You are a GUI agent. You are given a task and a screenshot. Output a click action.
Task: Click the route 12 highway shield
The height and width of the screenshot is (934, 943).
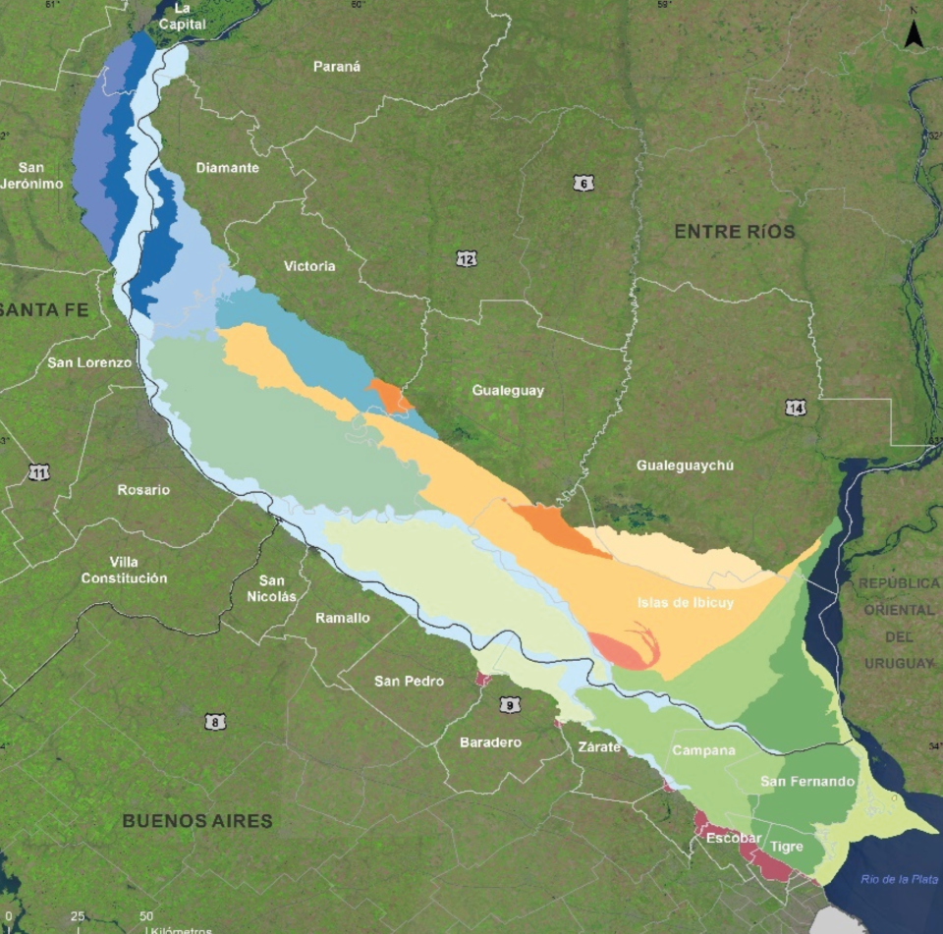pyautogui.click(x=467, y=258)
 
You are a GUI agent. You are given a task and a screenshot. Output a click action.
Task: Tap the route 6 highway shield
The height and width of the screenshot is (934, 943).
pyautogui.click(x=583, y=183)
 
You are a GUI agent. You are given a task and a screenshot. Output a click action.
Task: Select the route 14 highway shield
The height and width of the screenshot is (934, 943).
pyautogui.click(x=796, y=408)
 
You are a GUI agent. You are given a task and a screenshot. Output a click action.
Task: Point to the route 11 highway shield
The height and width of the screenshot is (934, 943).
pyautogui.click(x=39, y=472)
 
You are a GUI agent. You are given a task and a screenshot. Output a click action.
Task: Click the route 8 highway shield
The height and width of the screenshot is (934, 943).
pyautogui.click(x=216, y=722)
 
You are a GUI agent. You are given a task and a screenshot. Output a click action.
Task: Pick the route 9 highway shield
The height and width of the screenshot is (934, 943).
pyautogui.click(x=509, y=704)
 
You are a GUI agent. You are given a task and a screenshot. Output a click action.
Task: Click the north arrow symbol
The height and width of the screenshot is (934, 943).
pyautogui.click(x=914, y=35)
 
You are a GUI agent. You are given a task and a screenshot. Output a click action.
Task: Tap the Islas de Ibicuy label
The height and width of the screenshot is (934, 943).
pyautogui.click(x=685, y=603)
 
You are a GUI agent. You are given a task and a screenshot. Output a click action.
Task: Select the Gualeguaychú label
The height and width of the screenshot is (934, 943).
pyautogui.click(x=685, y=465)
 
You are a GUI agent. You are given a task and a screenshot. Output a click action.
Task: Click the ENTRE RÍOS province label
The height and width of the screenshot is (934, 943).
pyautogui.click(x=734, y=232)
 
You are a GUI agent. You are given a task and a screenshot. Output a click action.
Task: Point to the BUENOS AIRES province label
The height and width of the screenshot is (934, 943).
pyautogui.click(x=196, y=820)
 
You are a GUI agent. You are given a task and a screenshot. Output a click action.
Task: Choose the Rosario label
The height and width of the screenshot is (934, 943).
pyautogui.click(x=143, y=490)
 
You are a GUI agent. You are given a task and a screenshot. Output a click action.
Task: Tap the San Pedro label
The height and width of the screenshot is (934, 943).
pyautogui.click(x=409, y=681)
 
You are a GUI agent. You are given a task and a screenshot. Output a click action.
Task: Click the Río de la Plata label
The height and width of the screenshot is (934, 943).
pyautogui.click(x=899, y=879)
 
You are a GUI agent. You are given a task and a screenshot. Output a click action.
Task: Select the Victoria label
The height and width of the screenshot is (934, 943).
pyautogui.click(x=309, y=266)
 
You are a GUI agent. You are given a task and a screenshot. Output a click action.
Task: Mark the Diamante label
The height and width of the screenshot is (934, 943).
pyautogui.click(x=227, y=168)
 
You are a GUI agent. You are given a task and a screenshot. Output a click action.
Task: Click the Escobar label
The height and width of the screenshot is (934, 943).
pyautogui.click(x=734, y=838)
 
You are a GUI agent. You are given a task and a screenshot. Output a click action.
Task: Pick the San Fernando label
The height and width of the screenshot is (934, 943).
pyautogui.click(x=807, y=782)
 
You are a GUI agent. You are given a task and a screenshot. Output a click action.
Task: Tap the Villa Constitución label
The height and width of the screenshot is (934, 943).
pyautogui.click(x=124, y=570)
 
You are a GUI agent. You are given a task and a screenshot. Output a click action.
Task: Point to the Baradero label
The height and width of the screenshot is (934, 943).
pyautogui.click(x=490, y=742)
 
